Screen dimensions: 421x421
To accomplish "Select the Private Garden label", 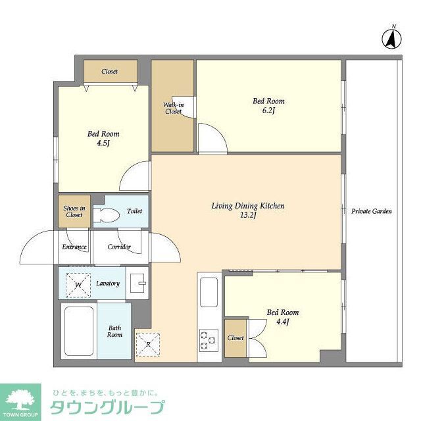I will tap(372, 212).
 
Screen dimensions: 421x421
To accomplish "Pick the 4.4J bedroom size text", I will tap(283, 322).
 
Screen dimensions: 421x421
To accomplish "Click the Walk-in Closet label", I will tap(173, 108).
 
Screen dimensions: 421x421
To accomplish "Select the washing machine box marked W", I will tap(78, 284).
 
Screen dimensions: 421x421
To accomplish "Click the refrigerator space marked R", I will tap(148, 344).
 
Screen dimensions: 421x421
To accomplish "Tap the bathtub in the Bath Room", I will tap(78, 331).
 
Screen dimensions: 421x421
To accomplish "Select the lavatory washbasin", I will tap(138, 282).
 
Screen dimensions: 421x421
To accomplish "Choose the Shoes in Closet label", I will tap(74, 211).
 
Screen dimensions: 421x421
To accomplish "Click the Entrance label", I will tap(74, 247).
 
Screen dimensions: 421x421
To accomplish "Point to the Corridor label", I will tap(119, 247).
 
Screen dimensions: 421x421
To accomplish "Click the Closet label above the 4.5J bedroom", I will tap(110, 71).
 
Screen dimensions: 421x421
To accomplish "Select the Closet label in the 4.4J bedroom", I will tap(235, 338).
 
